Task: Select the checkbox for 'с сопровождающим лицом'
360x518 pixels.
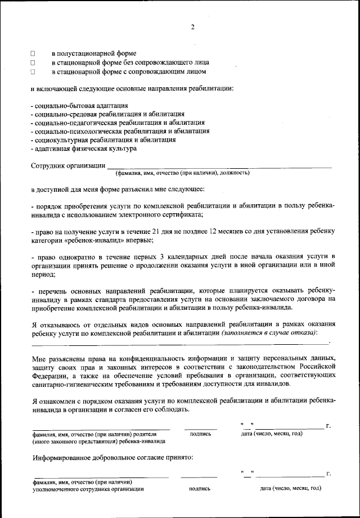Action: (33, 72)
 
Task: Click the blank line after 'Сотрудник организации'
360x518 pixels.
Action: (219, 166)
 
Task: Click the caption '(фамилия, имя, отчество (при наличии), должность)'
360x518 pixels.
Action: (182, 173)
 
